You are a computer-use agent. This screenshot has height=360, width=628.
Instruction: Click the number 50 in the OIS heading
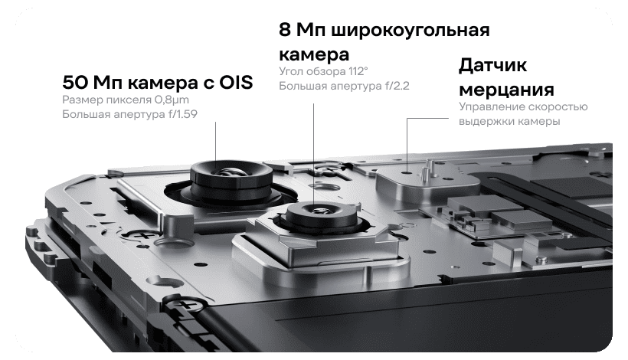click(75, 83)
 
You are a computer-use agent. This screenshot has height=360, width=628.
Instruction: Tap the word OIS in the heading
click(236, 83)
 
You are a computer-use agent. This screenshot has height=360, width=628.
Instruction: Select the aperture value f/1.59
click(182, 115)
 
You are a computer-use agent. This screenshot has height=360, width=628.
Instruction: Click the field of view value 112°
click(358, 71)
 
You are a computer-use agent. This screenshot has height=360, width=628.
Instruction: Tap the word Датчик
click(492, 65)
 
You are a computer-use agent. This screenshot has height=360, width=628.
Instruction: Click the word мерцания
click(506, 90)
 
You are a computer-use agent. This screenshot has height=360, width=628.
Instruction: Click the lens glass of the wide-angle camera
click(321, 210)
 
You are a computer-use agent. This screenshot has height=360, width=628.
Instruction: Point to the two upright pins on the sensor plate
click(427, 169)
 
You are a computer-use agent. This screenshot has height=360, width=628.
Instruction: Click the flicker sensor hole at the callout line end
click(407, 172)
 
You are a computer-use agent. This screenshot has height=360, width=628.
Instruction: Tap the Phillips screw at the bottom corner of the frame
click(185, 304)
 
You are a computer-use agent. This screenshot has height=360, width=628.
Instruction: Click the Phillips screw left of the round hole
click(141, 234)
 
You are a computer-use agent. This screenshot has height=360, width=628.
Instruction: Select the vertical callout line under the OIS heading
click(216, 143)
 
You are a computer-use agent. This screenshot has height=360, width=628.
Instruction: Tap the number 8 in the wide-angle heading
click(284, 30)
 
